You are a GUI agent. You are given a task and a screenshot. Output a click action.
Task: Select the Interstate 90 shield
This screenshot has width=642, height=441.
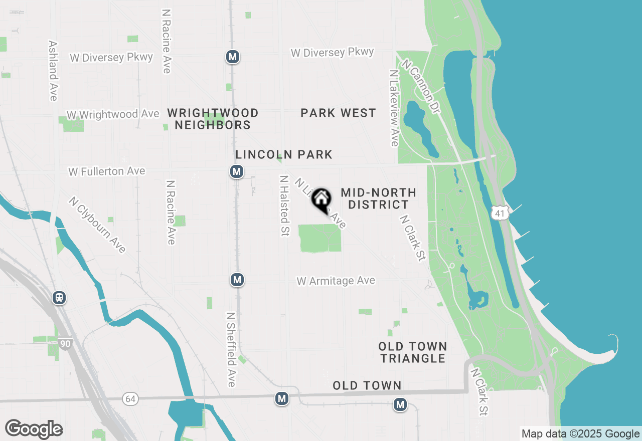click(x=65, y=344)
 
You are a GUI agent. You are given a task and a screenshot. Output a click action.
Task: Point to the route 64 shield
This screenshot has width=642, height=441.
click(x=130, y=399)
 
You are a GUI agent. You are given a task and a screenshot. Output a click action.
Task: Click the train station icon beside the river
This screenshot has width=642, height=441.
click(x=59, y=298)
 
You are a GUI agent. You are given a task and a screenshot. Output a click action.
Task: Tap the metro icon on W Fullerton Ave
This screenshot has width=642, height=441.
click(x=237, y=172)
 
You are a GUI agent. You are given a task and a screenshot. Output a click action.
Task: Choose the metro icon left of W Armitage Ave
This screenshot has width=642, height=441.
click(x=237, y=280)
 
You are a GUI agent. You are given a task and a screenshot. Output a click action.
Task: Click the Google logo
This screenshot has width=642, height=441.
click(x=34, y=429)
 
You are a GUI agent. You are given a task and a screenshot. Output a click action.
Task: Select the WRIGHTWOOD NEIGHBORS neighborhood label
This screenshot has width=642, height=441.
click(x=213, y=119)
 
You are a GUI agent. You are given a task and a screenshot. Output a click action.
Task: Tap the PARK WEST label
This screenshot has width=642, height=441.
click(x=338, y=113)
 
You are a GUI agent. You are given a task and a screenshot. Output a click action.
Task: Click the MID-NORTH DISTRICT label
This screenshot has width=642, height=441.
click(x=378, y=198)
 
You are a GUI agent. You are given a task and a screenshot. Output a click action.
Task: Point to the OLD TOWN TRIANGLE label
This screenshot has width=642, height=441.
click(x=412, y=352)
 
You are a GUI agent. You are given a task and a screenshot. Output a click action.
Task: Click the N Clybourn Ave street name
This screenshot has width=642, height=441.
click(x=98, y=225)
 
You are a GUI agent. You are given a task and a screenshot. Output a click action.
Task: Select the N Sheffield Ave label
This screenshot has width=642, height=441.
click(x=231, y=350)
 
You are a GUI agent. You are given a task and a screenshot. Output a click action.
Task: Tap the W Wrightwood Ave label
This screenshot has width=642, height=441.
click(x=113, y=115)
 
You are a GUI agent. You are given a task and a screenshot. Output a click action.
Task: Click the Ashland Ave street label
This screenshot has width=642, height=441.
click(x=53, y=71)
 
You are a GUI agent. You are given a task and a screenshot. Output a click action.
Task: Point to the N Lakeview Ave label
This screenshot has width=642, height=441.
click(x=394, y=108)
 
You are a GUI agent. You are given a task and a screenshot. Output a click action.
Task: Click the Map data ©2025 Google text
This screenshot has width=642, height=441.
click(x=580, y=434)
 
